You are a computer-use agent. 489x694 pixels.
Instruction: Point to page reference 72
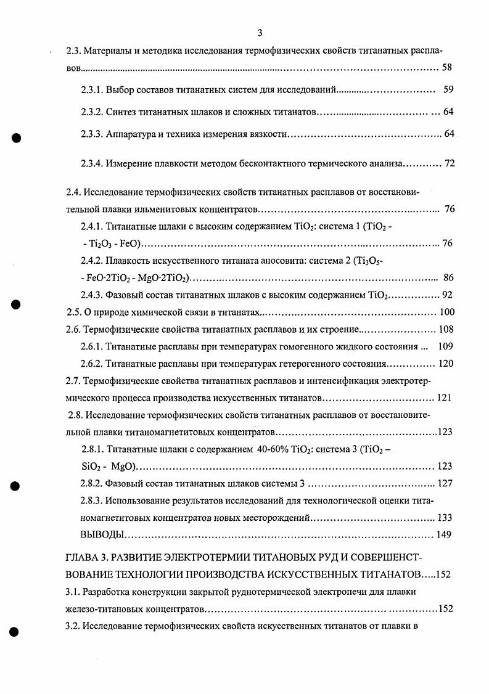(x=449, y=164)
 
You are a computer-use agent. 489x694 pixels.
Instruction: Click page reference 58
(x=448, y=67)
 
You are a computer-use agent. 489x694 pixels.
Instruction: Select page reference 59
(x=448, y=90)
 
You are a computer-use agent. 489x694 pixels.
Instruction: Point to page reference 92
(x=448, y=295)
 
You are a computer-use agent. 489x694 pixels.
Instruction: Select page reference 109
(x=445, y=346)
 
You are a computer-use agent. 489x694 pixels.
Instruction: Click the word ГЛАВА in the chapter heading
(x=82, y=558)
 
